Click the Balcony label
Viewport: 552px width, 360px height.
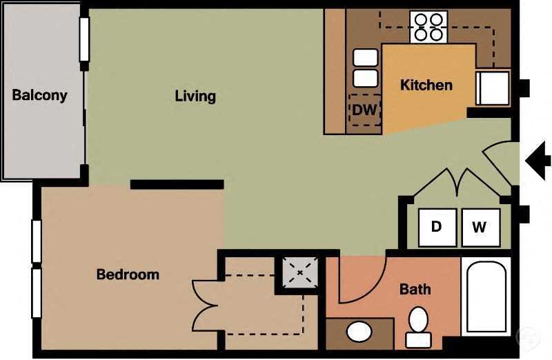point(39,95)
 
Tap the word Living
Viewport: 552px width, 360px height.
point(195,96)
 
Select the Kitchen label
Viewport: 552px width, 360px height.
point(426,86)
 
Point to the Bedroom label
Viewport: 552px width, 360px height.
point(128,274)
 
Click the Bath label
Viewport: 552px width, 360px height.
point(415,289)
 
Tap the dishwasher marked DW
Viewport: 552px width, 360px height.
point(364,110)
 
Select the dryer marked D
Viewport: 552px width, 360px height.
point(437,227)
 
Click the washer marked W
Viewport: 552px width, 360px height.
point(480,227)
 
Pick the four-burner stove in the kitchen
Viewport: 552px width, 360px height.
point(428,26)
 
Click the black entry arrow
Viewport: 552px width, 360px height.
point(538,161)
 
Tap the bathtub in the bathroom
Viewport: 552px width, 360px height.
point(487,297)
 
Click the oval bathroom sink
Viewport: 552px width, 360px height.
point(359,332)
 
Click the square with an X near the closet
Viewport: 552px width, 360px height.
point(300,273)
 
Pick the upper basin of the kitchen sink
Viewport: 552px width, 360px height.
point(366,57)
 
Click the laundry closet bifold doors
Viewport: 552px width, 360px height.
point(455,184)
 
